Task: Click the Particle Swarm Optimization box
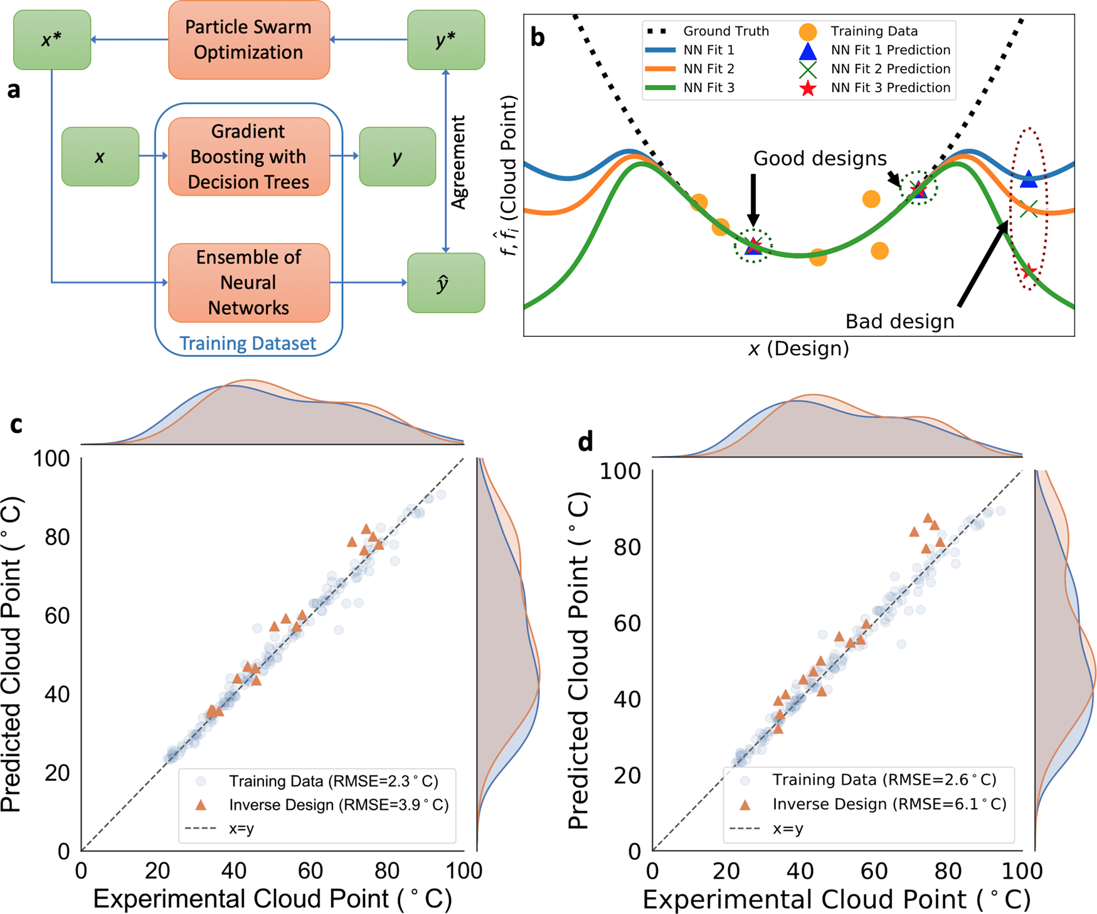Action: pos(248,40)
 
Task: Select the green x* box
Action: pos(52,40)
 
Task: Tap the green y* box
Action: pos(445,40)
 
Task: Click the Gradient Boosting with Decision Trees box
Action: pos(248,156)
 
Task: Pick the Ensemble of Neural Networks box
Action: pos(248,282)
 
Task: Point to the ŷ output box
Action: pos(445,283)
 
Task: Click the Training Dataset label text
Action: pos(248,343)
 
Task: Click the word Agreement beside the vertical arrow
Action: pos(460,162)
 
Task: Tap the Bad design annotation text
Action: pos(899,321)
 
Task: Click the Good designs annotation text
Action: pos(820,158)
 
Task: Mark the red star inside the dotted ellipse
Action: pos(1028,272)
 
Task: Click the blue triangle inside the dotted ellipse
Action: pos(1029,179)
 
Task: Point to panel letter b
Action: pos(538,38)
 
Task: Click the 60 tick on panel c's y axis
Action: pos(58,615)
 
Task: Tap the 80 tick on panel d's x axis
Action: pos(948,871)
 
